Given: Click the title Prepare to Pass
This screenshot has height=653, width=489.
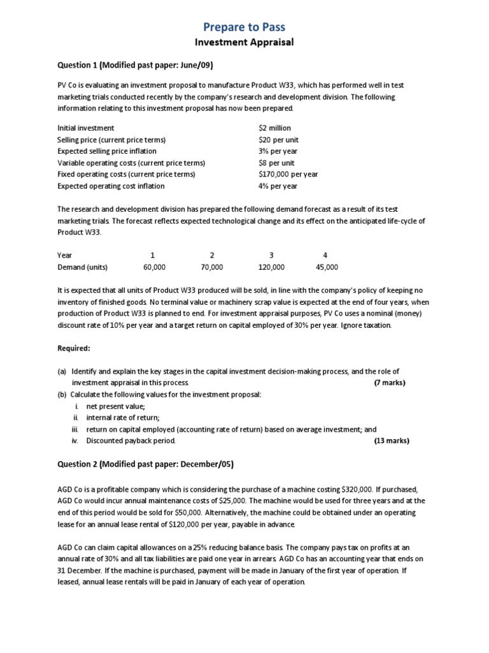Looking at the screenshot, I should (x=244, y=27).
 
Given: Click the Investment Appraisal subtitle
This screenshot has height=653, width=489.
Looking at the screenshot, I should (x=244, y=43).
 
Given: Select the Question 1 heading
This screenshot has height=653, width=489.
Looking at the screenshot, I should (x=135, y=66).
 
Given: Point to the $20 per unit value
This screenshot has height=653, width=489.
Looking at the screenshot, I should (x=279, y=140).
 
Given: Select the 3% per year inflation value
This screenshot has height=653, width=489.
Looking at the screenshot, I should (x=278, y=151).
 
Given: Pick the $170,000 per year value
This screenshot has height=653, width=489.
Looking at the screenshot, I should (x=288, y=174).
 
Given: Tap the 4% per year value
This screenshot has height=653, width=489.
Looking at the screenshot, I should (x=278, y=186).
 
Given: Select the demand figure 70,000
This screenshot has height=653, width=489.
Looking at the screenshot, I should (x=212, y=267).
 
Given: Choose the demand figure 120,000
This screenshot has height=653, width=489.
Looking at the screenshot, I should (x=271, y=267).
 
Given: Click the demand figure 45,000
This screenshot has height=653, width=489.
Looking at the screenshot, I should (x=327, y=267).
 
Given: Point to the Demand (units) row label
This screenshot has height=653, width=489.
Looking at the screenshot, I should (x=82, y=267).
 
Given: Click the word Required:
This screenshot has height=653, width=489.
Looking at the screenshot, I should (x=75, y=348).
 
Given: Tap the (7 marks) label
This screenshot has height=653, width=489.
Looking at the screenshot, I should (x=389, y=383).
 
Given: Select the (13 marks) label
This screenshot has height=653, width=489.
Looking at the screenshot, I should (x=391, y=441).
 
